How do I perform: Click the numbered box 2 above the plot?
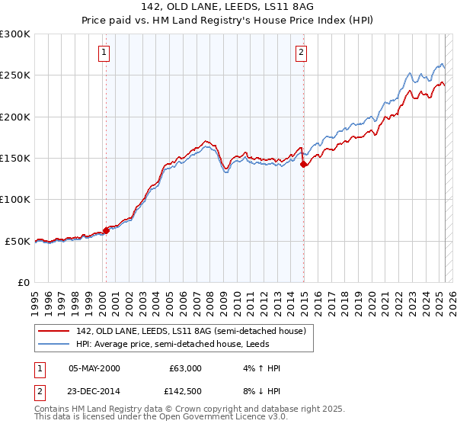click(302, 53)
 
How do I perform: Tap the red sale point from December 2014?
click(303, 164)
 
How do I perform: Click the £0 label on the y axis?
click(22, 282)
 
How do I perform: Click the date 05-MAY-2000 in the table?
click(94, 368)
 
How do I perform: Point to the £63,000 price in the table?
click(184, 368)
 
